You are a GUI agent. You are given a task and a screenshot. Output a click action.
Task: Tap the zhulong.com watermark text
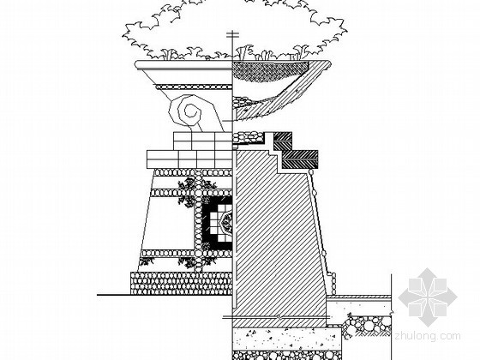pyautogui.click(x=428, y=336)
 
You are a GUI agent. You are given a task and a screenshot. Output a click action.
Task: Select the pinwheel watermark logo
pyautogui.click(x=428, y=297)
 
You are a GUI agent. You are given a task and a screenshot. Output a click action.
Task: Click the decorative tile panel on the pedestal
pyautogui.click(x=217, y=223)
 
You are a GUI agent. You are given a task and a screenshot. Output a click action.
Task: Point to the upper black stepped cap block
pyautogui.click(x=282, y=137)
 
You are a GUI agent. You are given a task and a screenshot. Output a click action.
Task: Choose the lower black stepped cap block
pyautogui.click(x=300, y=159)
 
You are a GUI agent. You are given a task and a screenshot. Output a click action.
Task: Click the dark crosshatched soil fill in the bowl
pyautogui.click(x=270, y=72)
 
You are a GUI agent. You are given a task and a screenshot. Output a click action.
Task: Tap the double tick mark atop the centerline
pyautogui.click(x=232, y=35)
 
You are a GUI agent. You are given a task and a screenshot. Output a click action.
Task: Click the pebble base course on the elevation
pyautogui.click(x=181, y=283)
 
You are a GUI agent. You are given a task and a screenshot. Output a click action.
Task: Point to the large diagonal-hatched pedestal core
pyautogui.click(x=277, y=232)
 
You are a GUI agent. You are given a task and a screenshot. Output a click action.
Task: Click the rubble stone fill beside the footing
pyautogui.click(x=368, y=326)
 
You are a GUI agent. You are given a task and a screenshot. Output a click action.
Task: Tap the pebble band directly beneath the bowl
pyautogui.click(x=194, y=87)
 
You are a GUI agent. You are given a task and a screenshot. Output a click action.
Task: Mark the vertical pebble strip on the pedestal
pyautogui.click(x=198, y=220)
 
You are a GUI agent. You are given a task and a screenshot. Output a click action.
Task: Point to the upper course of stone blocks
pyautogui.click(x=202, y=141)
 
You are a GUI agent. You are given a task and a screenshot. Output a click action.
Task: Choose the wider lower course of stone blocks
pyautogui.click(x=189, y=159)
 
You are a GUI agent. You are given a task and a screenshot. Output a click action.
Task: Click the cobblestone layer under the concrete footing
pyautogui.click(x=287, y=355)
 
